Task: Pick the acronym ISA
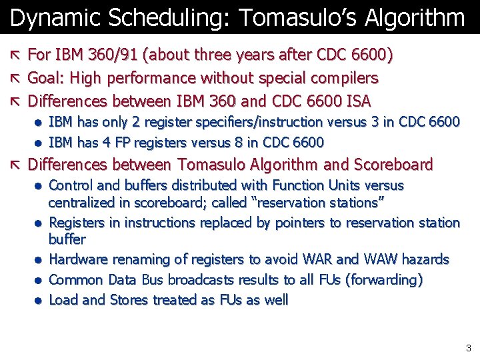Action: (357, 101)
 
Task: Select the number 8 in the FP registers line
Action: (240, 143)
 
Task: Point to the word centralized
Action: (81, 203)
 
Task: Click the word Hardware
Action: (79, 259)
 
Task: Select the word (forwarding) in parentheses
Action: (383, 280)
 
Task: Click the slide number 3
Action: (469, 347)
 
